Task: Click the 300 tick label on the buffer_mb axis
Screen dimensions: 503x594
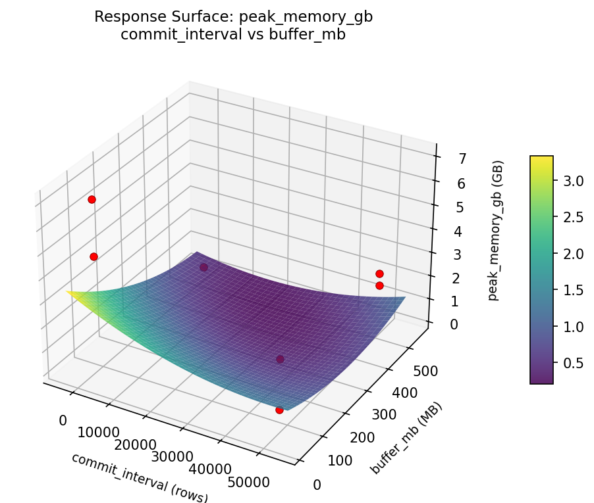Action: point(387,416)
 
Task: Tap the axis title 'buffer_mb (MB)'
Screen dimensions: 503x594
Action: point(406,438)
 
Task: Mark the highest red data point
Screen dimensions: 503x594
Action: point(92,199)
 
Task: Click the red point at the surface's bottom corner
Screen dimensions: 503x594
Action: point(279,410)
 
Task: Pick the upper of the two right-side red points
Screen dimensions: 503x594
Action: point(379,274)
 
